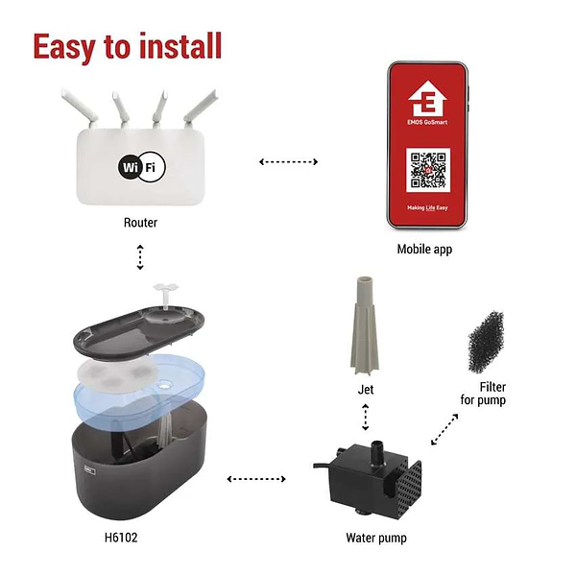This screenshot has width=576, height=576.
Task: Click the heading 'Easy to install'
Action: click(128, 45)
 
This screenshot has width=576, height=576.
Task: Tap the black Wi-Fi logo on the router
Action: click(141, 168)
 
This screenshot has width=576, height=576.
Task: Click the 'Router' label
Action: click(140, 223)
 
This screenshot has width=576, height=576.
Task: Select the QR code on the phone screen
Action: click(428, 169)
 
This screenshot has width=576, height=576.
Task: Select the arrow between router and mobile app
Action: click(289, 161)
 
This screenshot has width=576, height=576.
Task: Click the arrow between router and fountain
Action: click(140, 257)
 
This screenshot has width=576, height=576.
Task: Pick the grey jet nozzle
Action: click(366, 327)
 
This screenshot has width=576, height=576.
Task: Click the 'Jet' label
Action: click(366, 390)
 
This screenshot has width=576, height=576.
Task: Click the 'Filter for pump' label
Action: click(485, 394)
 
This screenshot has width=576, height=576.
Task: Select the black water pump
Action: click(375, 480)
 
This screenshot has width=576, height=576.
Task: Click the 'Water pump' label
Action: click(375, 538)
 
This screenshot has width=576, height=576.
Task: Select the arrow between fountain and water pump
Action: click(254, 477)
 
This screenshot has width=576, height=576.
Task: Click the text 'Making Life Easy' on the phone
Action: click(428, 207)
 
